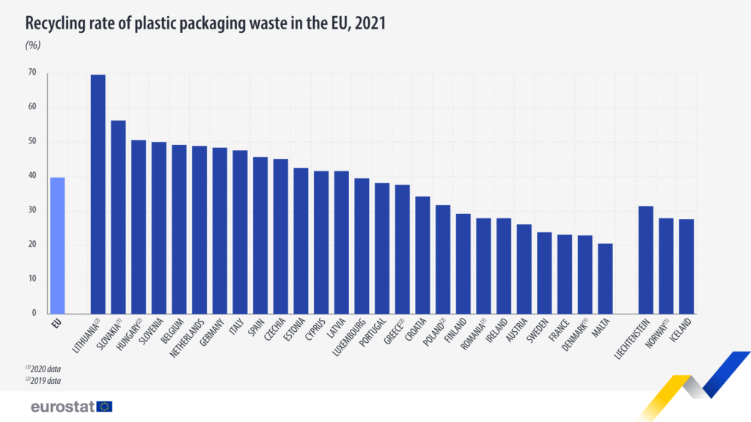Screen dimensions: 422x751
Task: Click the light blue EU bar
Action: [57, 245]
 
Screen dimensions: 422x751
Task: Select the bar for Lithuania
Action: [98, 194]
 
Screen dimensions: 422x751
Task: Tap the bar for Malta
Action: [605, 278]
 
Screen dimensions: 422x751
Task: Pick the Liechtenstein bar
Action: [645, 259]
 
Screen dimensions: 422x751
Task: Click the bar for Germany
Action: [219, 231]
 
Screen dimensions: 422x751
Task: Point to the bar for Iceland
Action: [686, 266]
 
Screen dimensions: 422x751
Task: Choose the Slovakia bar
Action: [118, 217]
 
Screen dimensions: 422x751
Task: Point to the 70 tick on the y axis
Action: [32, 73]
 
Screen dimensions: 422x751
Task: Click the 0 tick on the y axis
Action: [33, 313]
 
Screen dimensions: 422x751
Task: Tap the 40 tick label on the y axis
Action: [32, 176]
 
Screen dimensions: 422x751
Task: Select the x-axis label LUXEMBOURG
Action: [354, 342]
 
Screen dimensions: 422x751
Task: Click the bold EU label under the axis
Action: [57, 323]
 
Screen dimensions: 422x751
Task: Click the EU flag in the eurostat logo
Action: [104, 407]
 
